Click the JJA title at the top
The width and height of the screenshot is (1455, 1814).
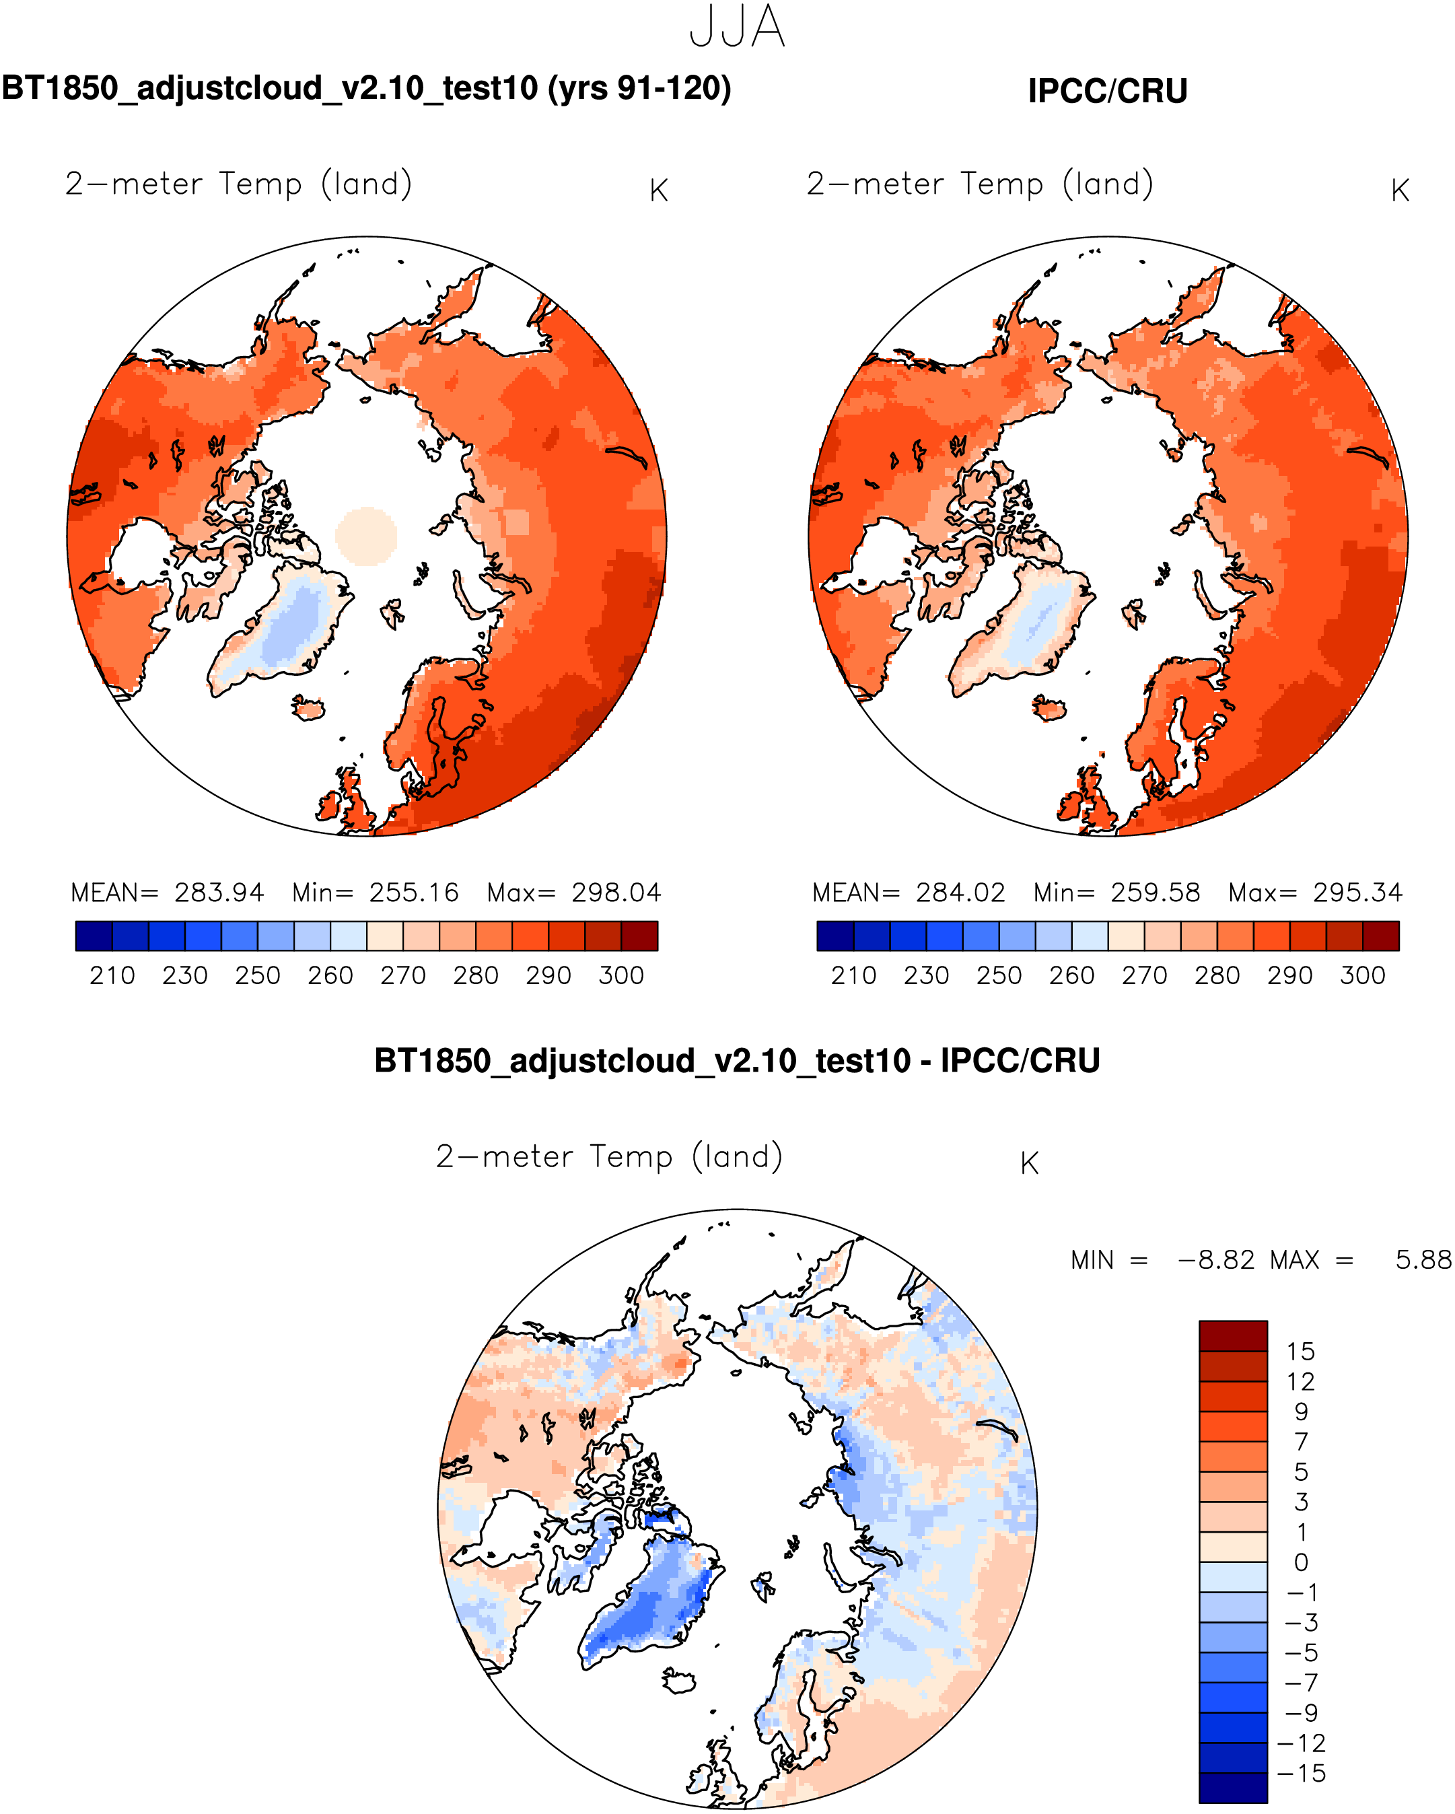pyautogui.click(x=737, y=27)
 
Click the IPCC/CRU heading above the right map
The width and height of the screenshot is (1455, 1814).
pyautogui.click(x=1107, y=91)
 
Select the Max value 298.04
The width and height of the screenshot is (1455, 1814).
pyautogui.click(x=616, y=893)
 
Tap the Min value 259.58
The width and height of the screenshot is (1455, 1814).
pyautogui.click(x=1155, y=893)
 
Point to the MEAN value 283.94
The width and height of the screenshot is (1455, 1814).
pyautogui.click(x=219, y=893)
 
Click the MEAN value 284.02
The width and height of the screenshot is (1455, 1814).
pyautogui.click(x=960, y=893)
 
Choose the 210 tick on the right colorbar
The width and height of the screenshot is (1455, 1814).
pyautogui.click(x=853, y=976)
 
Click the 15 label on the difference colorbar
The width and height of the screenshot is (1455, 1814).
pyautogui.click(x=1300, y=1352)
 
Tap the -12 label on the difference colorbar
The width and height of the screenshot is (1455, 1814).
pyautogui.click(x=1300, y=1743)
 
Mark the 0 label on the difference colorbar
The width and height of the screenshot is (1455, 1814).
pyautogui.click(x=1301, y=1562)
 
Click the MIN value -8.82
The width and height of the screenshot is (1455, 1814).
pyautogui.click(x=1216, y=1260)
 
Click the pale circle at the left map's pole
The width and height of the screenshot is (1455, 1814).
pyautogui.click(x=367, y=535)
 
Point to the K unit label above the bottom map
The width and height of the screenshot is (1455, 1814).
pyautogui.click(x=1030, y=1164)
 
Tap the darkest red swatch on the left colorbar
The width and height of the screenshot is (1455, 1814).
pyautogui.click(x=639, y=936)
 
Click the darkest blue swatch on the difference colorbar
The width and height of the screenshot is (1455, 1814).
pyautogui.click(x=1233, y=1788)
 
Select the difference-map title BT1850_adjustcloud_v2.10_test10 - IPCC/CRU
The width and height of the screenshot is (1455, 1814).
pyautogui.click(x=737, y=1061)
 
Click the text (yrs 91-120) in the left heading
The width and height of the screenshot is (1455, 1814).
pyautogui.click(x=639, y=88)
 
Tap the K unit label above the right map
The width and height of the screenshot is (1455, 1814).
pyautogui.click(x=1400, y=191)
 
